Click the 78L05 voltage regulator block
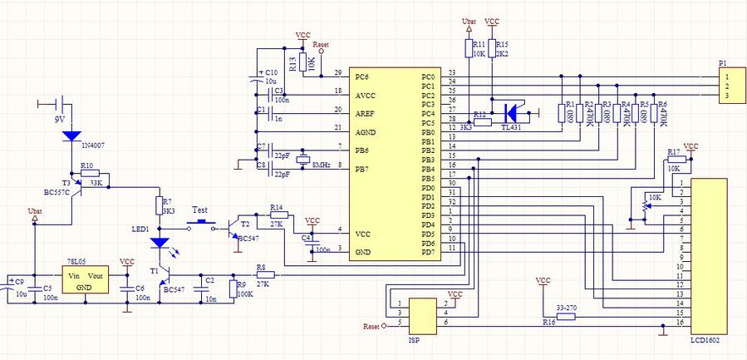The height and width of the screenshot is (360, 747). click(86, 281)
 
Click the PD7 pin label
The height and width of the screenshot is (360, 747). click(429, 252)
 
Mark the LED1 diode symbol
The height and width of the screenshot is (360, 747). click(160, 244)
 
